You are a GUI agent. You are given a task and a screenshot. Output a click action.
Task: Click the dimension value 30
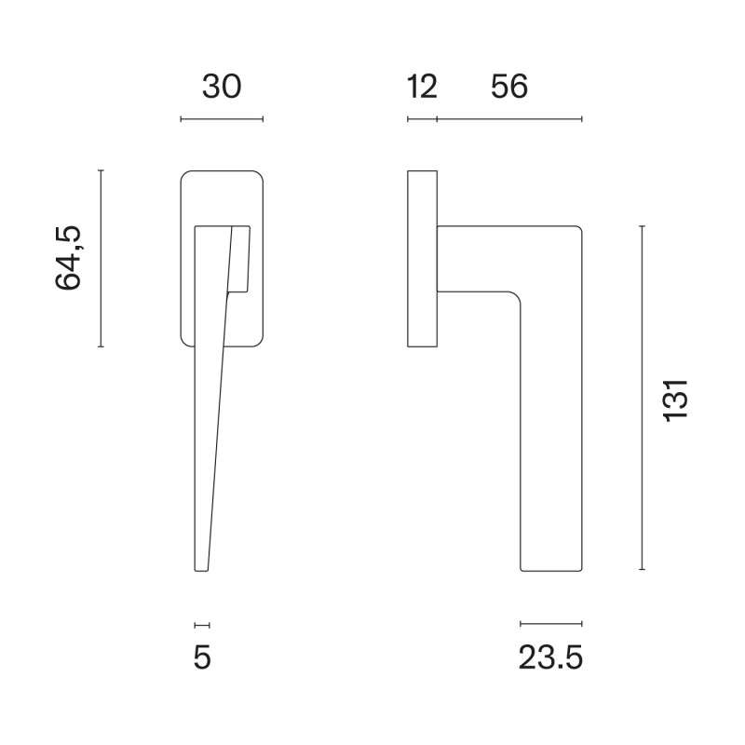(x=222, y=87)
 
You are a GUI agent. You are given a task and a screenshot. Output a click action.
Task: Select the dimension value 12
(x=422, y=87)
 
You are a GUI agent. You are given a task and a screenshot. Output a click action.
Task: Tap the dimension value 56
(x=509, y=87)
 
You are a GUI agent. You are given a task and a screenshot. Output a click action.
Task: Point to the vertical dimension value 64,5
(x=68, y=258)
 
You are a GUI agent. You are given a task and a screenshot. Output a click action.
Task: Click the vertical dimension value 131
(x=675, y=400)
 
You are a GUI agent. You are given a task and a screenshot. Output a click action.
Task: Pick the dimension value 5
(x=202, y=657)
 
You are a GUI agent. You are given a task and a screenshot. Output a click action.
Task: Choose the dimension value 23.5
(x=550, y=658)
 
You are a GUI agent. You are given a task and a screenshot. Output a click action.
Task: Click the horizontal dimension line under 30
(x=222, y=119)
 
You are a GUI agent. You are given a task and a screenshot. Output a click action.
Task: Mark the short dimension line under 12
(x=422, y=119)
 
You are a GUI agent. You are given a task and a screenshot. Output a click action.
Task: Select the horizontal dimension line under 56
(x=509, y=119)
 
